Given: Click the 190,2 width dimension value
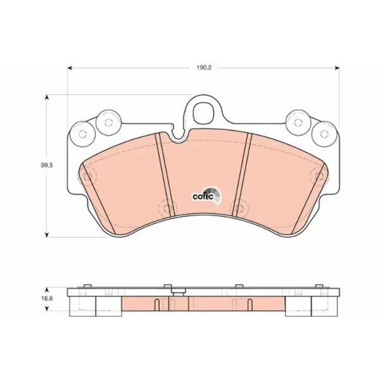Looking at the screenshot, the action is click(x=204, y=68).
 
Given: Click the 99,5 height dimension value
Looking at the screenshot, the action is click(x=47, y=165).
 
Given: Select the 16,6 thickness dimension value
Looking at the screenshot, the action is click(x=47, y=298).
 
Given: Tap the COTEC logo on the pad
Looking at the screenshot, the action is click(x=206, y=195).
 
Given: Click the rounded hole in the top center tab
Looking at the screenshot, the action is click(x=204, y=113).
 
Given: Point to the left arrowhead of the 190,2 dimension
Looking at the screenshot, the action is click(x=70, y=68).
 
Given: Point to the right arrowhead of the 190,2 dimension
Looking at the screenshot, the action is click(x=337, y=68).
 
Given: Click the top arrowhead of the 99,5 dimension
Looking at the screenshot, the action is click(x=47, y=97).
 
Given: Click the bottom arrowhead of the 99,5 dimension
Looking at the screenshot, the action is click(x=47, y=234).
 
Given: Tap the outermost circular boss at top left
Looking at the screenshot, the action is click(x=82, y=134).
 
